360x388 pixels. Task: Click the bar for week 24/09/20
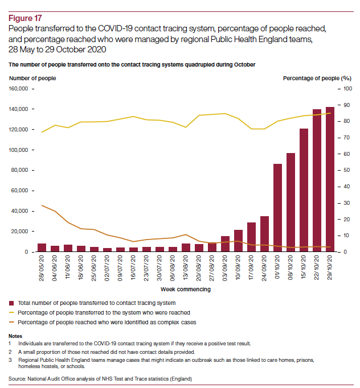(264, 234)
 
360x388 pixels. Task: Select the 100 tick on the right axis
(347, 89)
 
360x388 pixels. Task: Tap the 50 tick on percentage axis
(346, 170)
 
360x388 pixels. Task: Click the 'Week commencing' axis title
(186, 290)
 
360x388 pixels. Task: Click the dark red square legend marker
(12, 303)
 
